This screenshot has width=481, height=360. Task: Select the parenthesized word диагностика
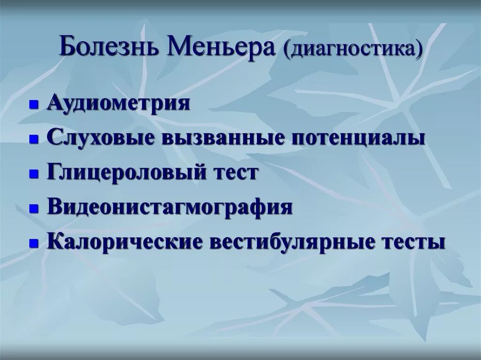click(x=354, y=50)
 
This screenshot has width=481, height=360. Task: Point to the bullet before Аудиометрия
click(x=33, y=105)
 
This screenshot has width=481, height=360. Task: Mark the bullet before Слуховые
click(x=33, y=139)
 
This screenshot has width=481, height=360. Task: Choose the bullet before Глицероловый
click(x=33, y=174)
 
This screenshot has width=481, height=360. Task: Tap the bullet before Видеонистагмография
click(x=33, y=209)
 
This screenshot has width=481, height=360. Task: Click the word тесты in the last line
click(x=414, y=242)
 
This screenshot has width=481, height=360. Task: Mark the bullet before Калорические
click(x=33, y=244)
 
